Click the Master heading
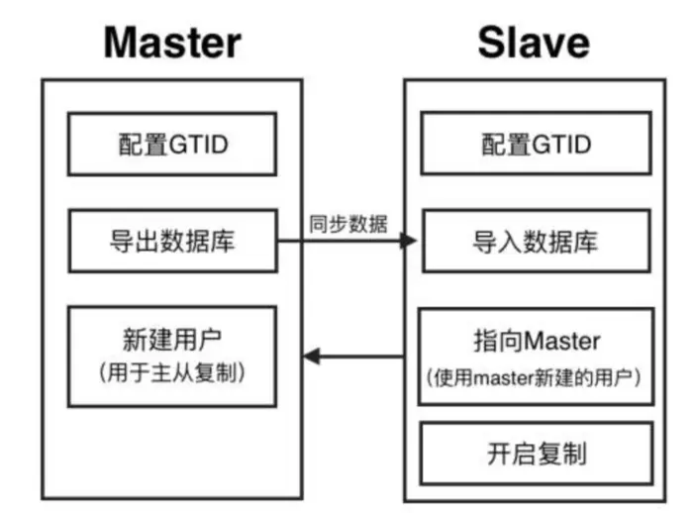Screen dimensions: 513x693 (172, 42)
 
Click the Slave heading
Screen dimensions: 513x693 (534, 42)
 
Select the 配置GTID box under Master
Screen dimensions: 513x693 (172, 145)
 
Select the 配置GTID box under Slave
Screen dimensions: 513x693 (538, 145)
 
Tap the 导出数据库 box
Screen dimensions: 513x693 (172, 241)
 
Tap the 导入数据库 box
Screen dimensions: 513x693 (538, 241)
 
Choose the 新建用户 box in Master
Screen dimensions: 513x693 (172, 355)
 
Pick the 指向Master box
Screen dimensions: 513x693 (538, 356)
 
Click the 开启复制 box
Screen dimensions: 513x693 (538, 454)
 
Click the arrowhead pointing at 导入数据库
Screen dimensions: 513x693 (406, 241)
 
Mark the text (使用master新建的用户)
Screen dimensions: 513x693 (538, 377)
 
